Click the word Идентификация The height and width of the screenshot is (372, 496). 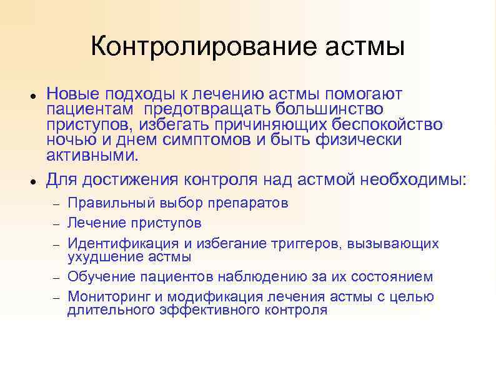coord(114,244)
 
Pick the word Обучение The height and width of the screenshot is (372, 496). coord(97,277)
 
